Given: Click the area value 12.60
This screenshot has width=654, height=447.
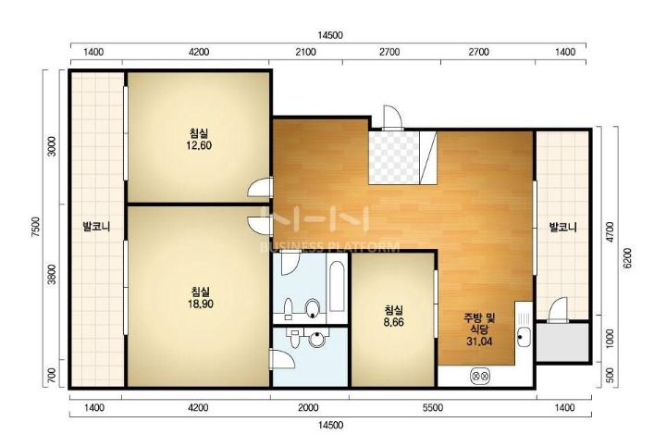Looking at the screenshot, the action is point(200,145).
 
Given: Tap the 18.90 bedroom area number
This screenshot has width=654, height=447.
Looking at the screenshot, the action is point(201,304).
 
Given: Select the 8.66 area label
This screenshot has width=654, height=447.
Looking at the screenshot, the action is point(394,322).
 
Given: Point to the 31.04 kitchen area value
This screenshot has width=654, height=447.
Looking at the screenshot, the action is point(479,341).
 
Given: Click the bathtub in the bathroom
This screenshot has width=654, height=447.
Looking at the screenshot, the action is point(337,286).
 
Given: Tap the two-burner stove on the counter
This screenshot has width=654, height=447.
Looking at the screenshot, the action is point(480,376).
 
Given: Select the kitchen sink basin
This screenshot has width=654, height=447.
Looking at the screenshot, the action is point(523,336).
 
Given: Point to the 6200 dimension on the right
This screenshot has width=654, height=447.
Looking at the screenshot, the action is point(628,258).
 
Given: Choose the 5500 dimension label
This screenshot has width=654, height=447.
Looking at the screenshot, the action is point(433,408).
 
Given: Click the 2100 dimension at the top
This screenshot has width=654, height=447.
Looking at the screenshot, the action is point(306,52).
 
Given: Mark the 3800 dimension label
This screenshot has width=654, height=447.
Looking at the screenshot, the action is point(52,274).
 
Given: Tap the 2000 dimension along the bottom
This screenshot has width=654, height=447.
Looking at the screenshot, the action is point(308,408).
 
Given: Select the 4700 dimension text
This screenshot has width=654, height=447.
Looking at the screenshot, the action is point(610,231).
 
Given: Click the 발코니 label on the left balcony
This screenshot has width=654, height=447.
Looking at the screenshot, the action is point(96,227).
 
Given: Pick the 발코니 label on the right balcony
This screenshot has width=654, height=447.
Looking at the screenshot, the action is point(563,228).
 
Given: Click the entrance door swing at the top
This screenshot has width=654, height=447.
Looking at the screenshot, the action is point(392,117).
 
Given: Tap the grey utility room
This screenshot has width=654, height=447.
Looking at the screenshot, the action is point(562,341).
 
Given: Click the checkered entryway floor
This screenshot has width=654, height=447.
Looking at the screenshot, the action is point(394,157).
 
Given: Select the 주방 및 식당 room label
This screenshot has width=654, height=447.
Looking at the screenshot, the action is point(479,324).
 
